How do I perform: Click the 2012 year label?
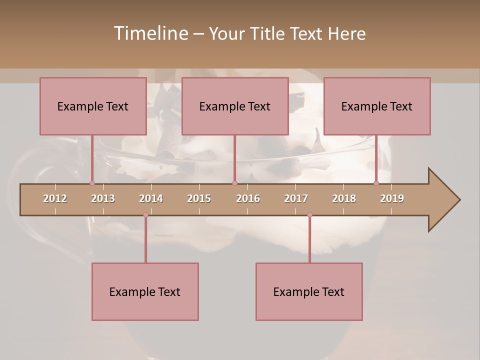pos(55,198)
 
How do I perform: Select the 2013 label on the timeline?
pos(103,198)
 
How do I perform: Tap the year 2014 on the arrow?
pos(151,198)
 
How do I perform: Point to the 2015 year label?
pos(199,198)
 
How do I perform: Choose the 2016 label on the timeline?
pos(248,198)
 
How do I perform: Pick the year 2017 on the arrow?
pos(296,198)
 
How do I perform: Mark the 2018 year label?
pos(344,198)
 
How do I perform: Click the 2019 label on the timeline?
pos(392,198)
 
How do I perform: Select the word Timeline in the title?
pos(150,33)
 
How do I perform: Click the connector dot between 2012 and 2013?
pos(92,183)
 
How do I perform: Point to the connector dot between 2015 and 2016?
pos(234,183)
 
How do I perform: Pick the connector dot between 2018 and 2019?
pos(376,183)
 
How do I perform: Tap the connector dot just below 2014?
pos(145,215)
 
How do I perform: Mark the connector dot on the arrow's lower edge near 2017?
pos(309,215)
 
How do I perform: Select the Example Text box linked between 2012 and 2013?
pos(93,106)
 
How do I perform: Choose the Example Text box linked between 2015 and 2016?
pos(235,106)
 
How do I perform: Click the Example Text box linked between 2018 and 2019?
pos(377,106)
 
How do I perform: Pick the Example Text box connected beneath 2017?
pos(309,291)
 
